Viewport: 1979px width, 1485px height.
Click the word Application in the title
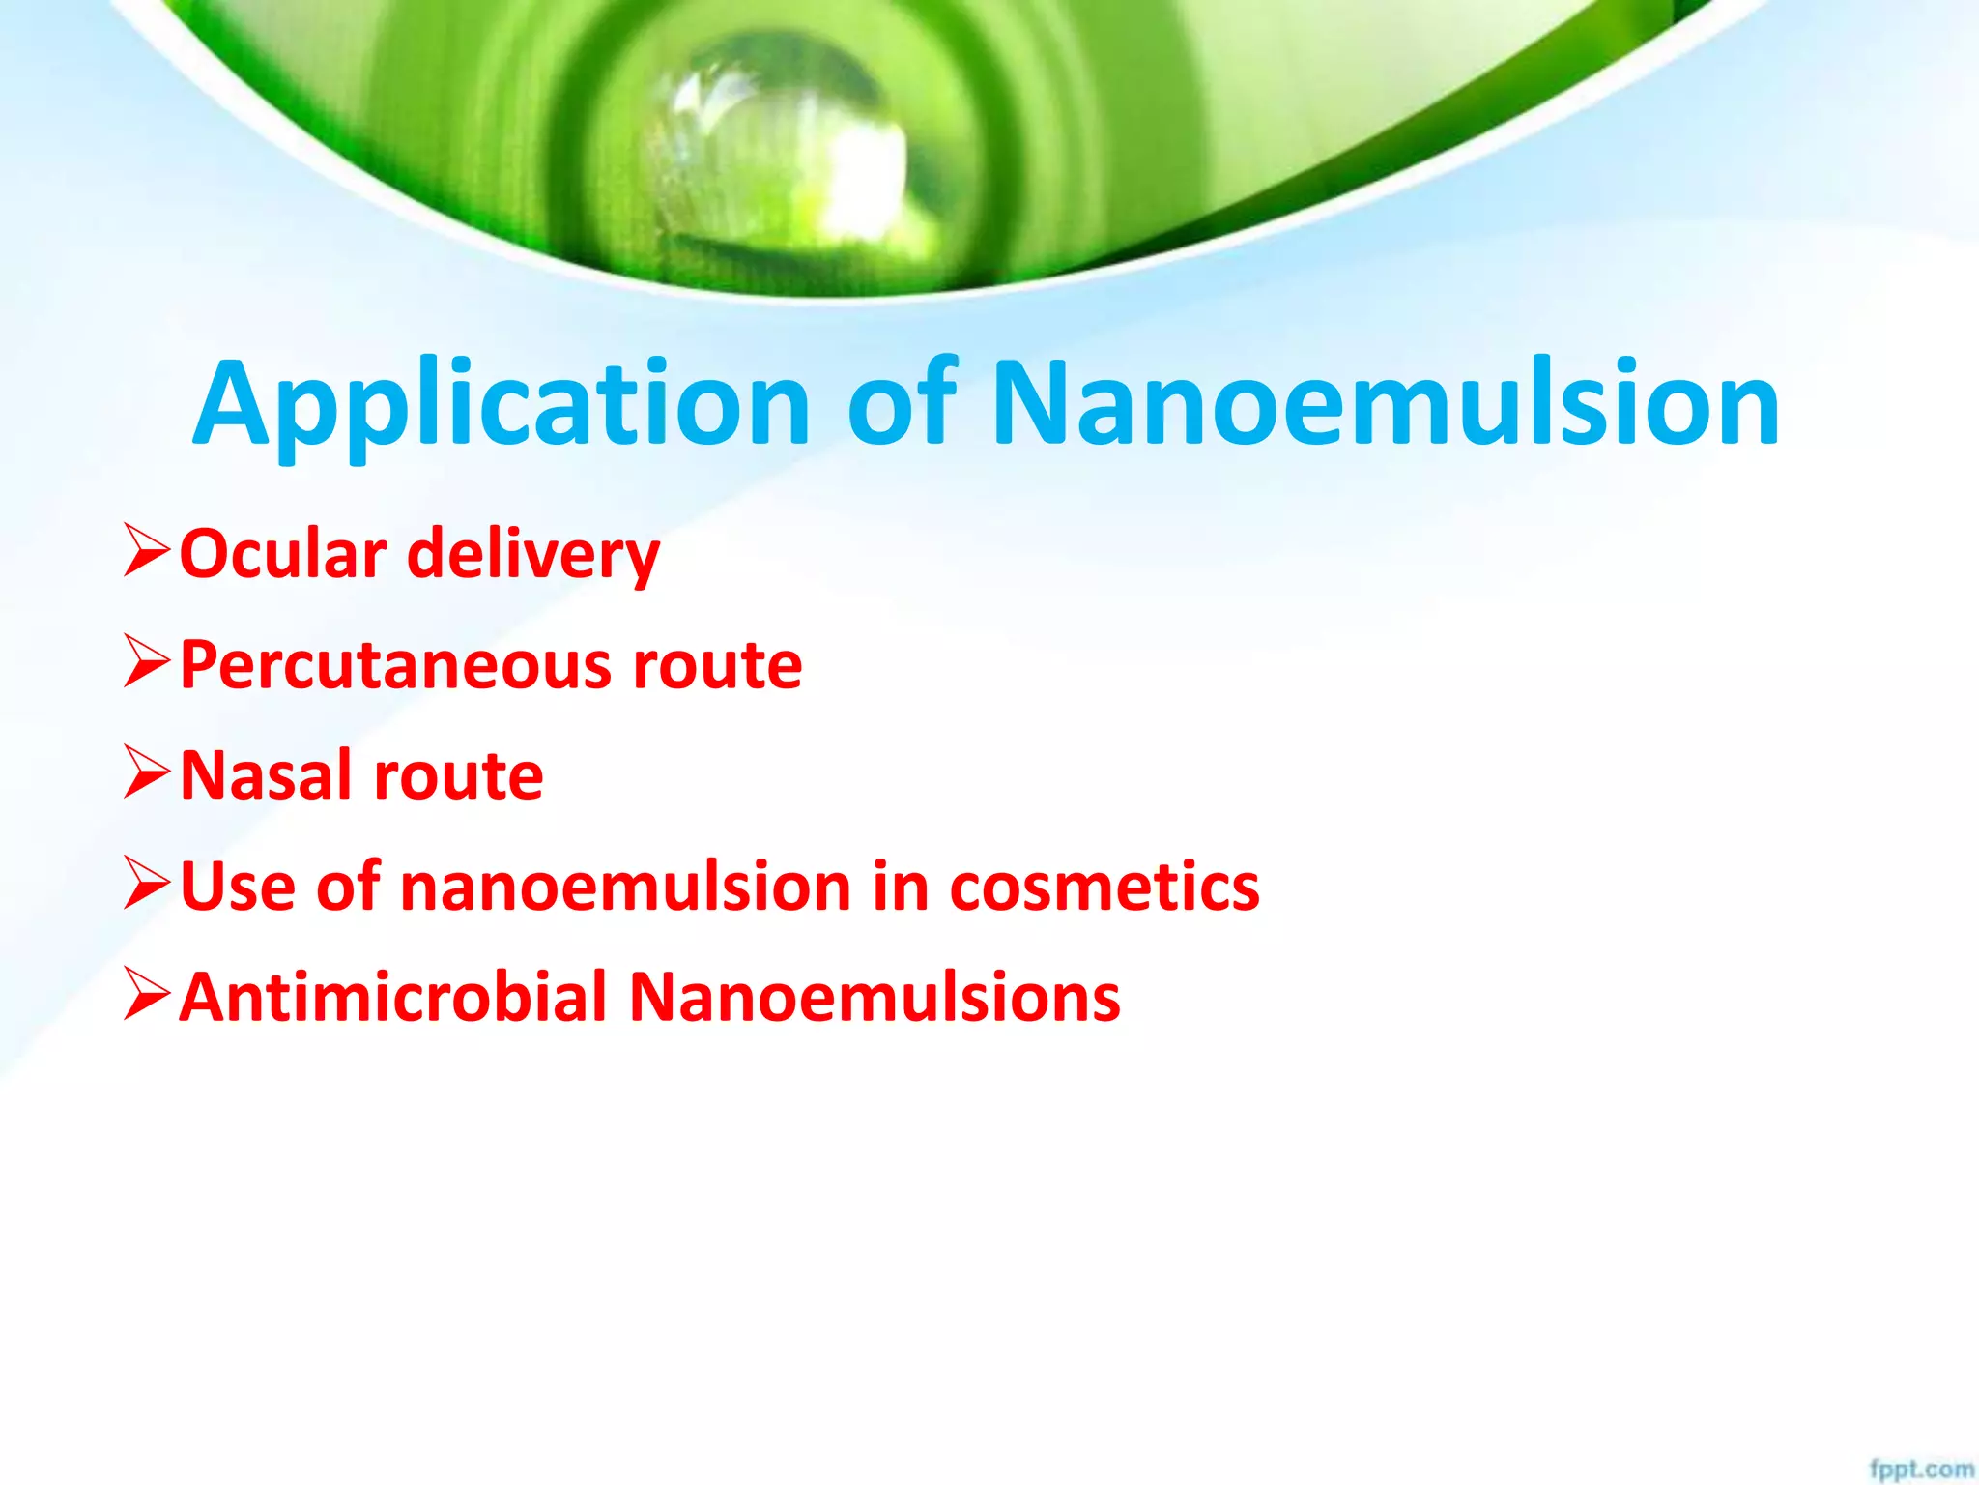pyautogui.click(x=501, y=406)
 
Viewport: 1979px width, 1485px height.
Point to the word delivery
pyautogui.click(x=532, y=557)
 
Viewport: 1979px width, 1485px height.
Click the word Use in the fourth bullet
pyautogui.click(x=237, y=887)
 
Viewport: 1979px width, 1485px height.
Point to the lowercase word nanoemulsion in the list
pyautogui.click(x=625, y=888)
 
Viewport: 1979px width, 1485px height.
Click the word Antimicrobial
pyautogui.click(x=393, y=998)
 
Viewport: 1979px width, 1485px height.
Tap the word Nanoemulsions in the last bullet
pyautogui.click(x=875, y=998)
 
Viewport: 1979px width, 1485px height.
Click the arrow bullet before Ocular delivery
pyautogui.click(x=146, y=551)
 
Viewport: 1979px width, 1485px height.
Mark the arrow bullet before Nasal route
pyautogui.click(x=146, y=772)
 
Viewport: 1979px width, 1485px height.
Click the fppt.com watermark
pyautogui.click(x=1921, y=1469)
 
